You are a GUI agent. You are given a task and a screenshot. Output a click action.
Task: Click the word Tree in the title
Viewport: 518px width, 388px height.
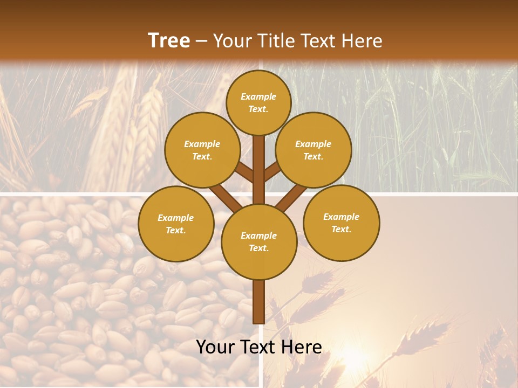pos(169,40)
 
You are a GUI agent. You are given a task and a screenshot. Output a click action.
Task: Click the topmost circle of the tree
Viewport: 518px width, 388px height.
pos(258,102)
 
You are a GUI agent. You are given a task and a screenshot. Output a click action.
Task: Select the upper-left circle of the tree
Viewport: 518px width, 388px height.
pos(202,150)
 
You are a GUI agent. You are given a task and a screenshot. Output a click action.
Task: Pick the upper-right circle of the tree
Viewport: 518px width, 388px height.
pos(313,150)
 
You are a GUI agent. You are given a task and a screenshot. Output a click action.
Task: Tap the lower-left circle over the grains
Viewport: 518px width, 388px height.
pos(176,224)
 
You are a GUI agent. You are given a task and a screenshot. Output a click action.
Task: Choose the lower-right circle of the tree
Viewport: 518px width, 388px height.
pos(342,223)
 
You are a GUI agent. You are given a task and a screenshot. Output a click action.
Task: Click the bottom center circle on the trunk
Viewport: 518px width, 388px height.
pos(259,241)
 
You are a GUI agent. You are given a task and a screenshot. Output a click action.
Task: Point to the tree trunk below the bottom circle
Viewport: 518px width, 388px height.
pos(258,302)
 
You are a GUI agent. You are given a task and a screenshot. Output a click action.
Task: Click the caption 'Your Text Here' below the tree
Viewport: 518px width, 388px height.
pos(259,347)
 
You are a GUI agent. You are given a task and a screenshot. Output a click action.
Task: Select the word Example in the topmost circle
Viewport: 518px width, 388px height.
pos(258,96)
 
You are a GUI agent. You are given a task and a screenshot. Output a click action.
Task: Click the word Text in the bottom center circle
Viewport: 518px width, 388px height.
pos(258,248)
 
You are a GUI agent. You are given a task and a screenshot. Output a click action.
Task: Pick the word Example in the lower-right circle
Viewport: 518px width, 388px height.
pos(342,217)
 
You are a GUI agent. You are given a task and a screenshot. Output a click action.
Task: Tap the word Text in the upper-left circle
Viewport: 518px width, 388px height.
pos(202,156)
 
